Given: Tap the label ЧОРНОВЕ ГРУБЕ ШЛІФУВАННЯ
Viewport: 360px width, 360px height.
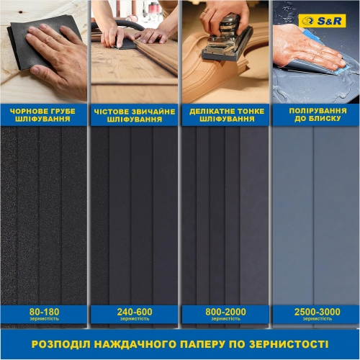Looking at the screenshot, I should coord(44,115).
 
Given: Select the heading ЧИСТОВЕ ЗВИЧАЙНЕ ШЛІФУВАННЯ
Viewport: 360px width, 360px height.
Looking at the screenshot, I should coord(134,115).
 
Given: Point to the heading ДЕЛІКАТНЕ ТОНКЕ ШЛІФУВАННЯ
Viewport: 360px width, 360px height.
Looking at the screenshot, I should coord(225,115).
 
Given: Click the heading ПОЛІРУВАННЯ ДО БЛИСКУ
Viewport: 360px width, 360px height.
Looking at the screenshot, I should coord(315,115).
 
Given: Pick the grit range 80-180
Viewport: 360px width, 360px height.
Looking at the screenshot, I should coord(44,311).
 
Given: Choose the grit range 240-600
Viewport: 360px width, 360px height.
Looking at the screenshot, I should coord(134,311).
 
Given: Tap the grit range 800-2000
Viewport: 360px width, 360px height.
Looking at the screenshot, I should coord(225,311).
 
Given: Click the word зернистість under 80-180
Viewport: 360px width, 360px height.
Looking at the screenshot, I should coord(44,318).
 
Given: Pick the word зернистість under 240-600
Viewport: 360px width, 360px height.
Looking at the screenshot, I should coord(134,318).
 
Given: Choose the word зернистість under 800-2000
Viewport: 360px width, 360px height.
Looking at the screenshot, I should coord(225,318).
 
